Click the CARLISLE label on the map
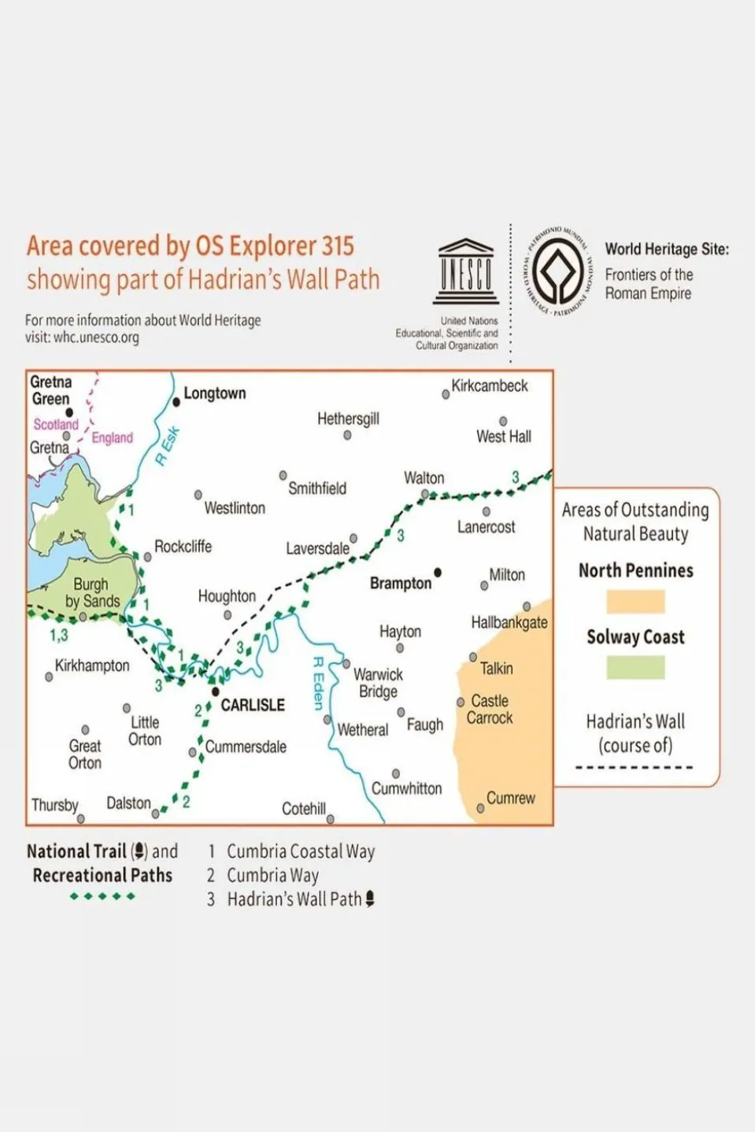point(253,705)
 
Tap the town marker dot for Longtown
point(176,402)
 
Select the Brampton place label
point(400,584)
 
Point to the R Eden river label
point(319,684)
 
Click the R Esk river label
point(168,446)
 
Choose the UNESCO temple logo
point(466,271)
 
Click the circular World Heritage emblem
point(557,271)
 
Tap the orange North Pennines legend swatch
point(635,602)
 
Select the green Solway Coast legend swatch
point(635,668)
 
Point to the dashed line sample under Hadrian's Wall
point(634,768)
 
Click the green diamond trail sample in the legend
point(102,896)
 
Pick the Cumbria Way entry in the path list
point(272,876)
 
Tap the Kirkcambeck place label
point(490,386)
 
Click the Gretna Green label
point(50,390)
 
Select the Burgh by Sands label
point(92,593)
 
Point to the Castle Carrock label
point(490,709)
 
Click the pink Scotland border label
point(55,425)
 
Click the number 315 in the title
point(337,246)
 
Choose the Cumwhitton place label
point(406,788)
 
